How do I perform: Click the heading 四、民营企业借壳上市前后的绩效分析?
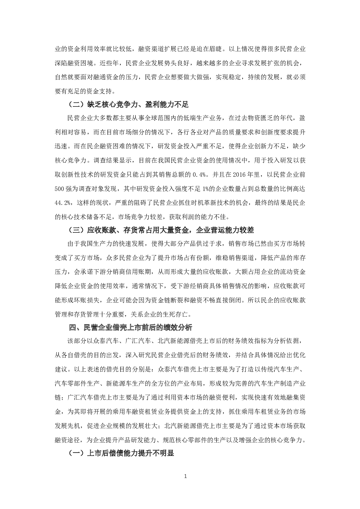[131, 328]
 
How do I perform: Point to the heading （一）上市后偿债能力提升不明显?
[121, 453]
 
